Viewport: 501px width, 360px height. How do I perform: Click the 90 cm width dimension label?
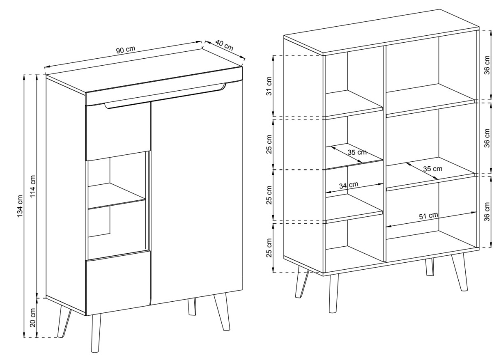pyautogui.click(x=126, y=50)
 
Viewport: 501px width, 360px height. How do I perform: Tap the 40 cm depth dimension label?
pyautogui.click(x=224, y=46)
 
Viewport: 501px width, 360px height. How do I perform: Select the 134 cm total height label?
pyautogui.click(x=20, y=206)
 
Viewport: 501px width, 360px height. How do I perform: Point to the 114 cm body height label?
pyautogui.click(x=33, y=186)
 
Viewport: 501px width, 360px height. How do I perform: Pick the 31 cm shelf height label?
pyautogui.click(x=269, y=86)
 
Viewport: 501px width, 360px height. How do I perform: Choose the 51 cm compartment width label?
pyautogui.click(x=428, y=216)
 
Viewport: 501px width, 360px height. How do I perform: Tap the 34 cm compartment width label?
pyautogui.click(x=349, y=185)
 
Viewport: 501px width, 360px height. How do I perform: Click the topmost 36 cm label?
pyautogui.click(x=487, y=65)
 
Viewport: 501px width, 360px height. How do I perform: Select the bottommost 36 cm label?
pyautogui.click(x=487, y=211)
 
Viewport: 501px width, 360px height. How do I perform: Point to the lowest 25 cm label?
pyautogui.click(x=269, y=248)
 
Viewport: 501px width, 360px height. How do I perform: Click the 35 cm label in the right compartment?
pyautogui.click(x=432, y=169)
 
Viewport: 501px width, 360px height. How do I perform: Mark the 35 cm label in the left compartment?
pyautogui.click(x=357, y=152)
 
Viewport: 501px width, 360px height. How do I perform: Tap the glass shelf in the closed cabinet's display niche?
pyautogui.click(x=117, y=196)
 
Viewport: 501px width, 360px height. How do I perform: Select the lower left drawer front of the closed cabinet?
pyautogui.click(x=118, y=282)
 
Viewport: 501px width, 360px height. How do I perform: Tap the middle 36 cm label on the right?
pyautogui.click(x=487, y=138)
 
